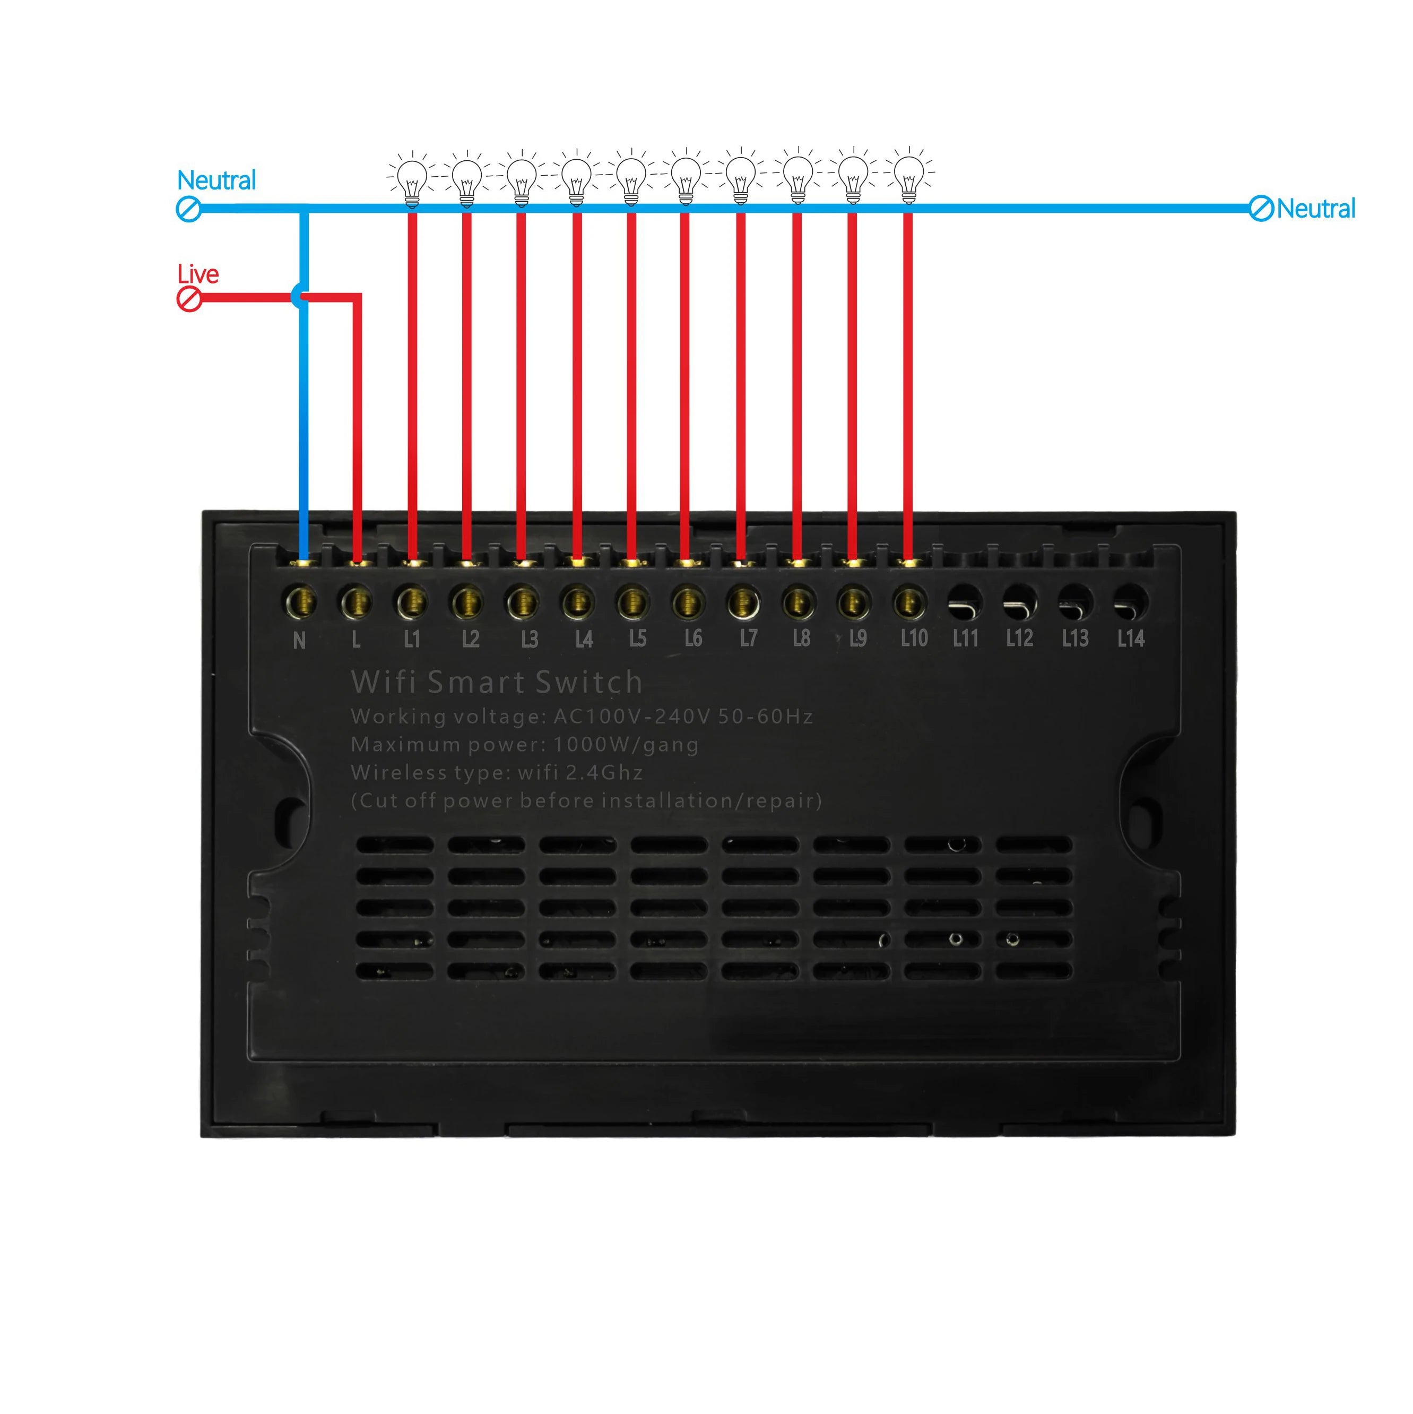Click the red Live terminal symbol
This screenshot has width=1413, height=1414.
[189, 299]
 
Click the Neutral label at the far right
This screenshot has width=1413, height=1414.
[1316, 209]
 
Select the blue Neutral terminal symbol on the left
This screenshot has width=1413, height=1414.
[189, 209]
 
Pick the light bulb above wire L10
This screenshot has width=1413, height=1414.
[908, 176]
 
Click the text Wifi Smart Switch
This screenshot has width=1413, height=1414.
[497, 682]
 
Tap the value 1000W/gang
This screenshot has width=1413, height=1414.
[626, 745]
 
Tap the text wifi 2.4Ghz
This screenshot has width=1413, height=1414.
[580, 773]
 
